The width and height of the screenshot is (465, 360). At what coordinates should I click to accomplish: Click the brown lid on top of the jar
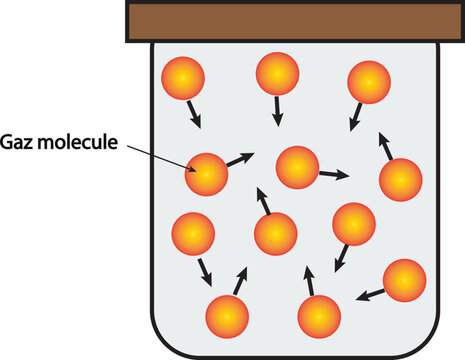(295, 22)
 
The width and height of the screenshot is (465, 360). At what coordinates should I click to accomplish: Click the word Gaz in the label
(21, 143)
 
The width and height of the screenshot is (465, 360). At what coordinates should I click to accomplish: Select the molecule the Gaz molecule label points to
(207, 174)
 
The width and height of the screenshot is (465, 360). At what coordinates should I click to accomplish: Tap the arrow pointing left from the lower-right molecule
(369, 293)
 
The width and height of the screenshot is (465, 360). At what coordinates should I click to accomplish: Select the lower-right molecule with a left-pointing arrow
(404, 280)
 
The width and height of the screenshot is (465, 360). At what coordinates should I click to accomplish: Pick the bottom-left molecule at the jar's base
(227, 317)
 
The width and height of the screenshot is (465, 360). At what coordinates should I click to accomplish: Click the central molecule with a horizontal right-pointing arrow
(297, 167)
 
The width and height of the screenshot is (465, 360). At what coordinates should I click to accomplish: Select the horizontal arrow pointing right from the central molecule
(333, 174)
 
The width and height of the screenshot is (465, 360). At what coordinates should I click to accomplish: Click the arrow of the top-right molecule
(355, 117)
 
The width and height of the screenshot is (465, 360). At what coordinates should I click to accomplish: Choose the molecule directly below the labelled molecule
(192, 234)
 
